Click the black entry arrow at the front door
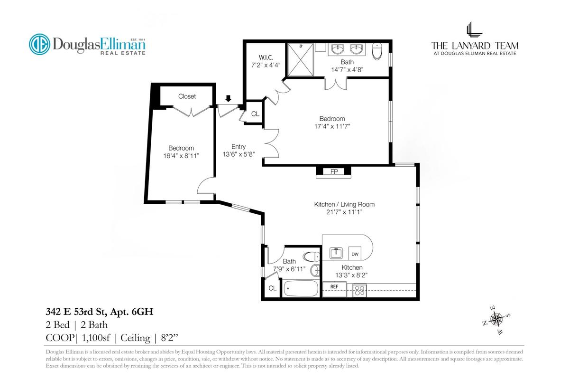point(229,98)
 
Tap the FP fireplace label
point(334,171)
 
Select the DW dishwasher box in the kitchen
point(355,253)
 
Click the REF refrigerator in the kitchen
point(334,289)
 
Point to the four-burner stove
point(359,290)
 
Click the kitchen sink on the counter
point(336,253)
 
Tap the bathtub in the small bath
point(301,288)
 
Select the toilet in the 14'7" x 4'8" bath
point(377,51)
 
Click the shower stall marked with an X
point(301,60)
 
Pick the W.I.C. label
point(266,57)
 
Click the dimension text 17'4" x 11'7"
point(332,126)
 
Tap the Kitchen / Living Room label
point(344,204)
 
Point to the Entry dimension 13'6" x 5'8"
point(239,154)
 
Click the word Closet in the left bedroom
point(187,96)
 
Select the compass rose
point(496,319)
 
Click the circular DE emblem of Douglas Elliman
point(40,44)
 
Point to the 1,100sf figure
point(96,338)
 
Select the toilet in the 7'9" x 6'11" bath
point(312,256)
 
